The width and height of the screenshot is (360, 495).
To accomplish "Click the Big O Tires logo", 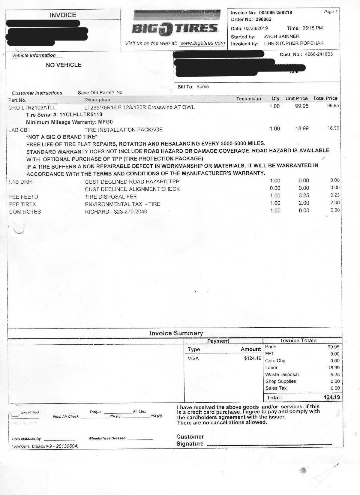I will point(176,28).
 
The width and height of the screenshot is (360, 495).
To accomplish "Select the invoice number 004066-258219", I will point(275,13).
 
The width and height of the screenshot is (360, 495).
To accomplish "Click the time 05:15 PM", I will point(313,28).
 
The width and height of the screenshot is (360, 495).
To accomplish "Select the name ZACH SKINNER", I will point(282,36).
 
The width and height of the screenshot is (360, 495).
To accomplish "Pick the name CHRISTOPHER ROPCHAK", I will point(294,43).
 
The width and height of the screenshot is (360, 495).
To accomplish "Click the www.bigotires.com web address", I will point(202,43).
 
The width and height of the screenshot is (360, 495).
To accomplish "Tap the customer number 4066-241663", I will point(319,54).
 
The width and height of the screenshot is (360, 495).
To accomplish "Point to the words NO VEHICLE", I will point(64,65).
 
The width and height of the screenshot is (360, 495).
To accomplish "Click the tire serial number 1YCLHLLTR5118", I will point(81,115).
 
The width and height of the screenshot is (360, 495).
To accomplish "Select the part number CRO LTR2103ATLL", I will point(32,107).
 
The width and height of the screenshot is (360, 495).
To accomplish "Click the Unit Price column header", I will point(296,98).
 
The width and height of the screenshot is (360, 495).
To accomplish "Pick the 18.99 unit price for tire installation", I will point(302,128).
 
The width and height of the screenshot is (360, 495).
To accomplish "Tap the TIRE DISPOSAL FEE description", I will point(111,197).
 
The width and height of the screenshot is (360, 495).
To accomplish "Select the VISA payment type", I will point(193,358).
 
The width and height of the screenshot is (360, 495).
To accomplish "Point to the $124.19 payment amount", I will point(253,358).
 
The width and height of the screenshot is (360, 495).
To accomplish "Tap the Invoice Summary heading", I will point(176,333).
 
